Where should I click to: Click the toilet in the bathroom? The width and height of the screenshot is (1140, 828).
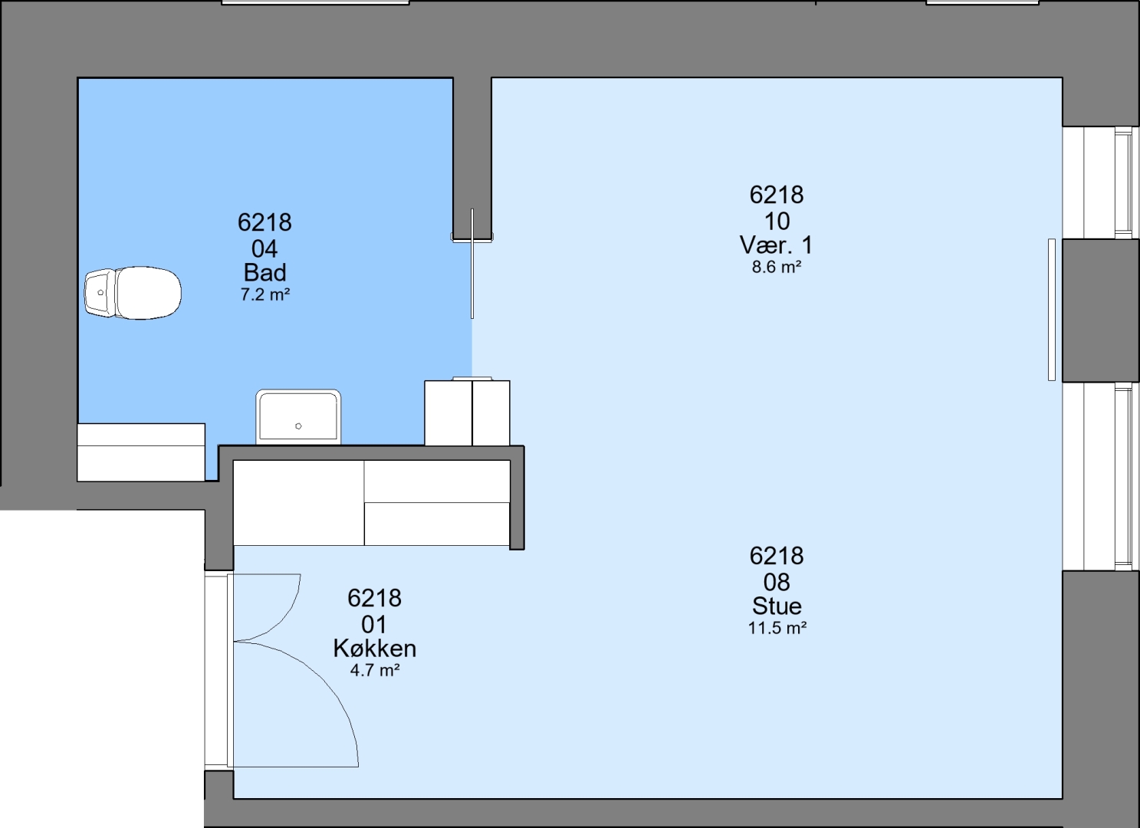coord(133,293)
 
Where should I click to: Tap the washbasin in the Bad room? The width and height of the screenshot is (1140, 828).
coord(298,417)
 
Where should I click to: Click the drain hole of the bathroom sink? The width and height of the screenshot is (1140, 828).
coord(299,426)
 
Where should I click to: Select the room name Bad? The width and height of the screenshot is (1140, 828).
coord(264,273)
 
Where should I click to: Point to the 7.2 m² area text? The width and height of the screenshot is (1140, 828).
coord(265,294)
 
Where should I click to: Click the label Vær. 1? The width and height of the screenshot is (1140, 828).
coord(776,245)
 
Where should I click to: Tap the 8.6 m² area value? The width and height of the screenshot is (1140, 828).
coord(777,267)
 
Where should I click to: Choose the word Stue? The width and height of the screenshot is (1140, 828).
coord(777,606)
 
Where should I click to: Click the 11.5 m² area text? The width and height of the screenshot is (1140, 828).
coord(777,628)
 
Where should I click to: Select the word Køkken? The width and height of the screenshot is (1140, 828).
coord(375,649)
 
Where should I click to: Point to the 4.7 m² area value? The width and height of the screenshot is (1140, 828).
coord(375,670)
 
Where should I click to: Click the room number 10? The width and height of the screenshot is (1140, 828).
coord(777,222)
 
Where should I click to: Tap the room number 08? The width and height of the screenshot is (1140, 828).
coord(777,582)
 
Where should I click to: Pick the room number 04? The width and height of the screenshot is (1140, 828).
coord(264,249)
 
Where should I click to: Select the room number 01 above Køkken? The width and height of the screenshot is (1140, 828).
coord(374,624)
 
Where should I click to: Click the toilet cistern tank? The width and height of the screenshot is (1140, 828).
coord(100,293)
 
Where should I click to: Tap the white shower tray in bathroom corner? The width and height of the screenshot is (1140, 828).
coord(141,452)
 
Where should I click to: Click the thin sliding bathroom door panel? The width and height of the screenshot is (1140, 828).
coord(472,264)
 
